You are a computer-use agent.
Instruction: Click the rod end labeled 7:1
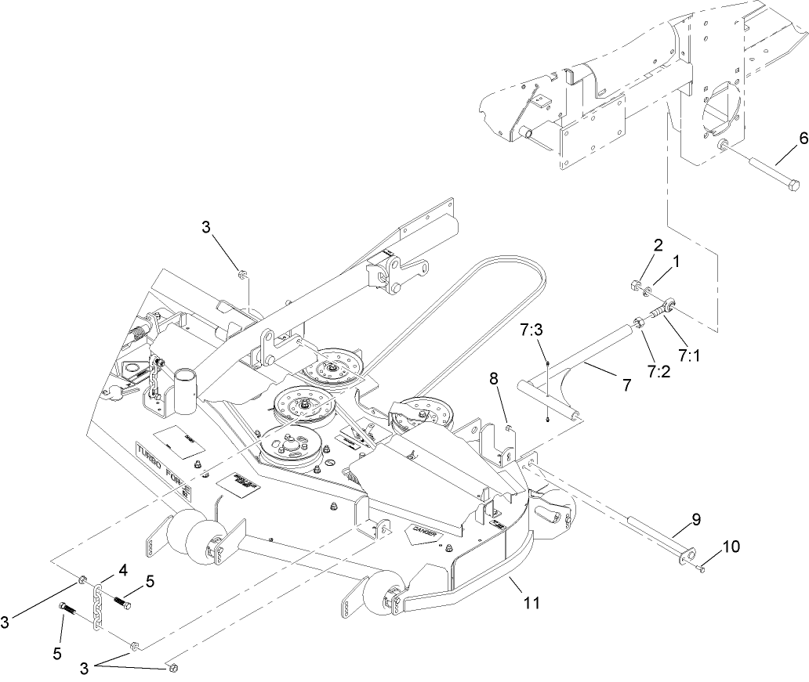click(669, 307)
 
